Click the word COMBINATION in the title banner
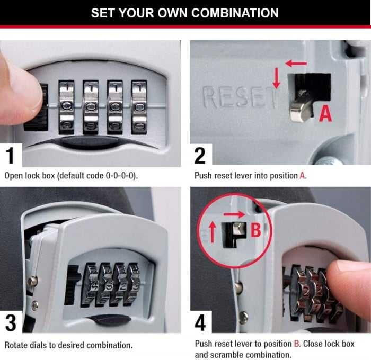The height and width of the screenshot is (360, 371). pos(235,13)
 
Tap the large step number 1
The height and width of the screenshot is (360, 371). pos(11,155)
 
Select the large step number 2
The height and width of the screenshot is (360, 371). pos(200,156)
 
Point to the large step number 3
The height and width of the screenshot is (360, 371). pos(11,322)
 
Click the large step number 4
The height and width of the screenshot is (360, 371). pos(200,322)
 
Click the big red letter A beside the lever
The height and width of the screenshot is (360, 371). pos(325,113)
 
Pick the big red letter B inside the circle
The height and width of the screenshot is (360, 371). pos(255,230)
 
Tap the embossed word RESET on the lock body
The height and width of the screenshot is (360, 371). pos(240,97)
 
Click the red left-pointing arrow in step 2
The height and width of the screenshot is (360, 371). pos(296,64)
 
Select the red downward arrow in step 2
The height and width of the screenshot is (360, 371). pos(276,78)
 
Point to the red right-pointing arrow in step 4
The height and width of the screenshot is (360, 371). pos(234,214)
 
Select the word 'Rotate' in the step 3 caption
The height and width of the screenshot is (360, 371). pos(14,345)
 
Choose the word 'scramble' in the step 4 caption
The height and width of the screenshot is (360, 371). pos(224,355)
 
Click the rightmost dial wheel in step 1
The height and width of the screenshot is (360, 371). pos(139,107)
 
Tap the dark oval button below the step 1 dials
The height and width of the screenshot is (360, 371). pos(90,142)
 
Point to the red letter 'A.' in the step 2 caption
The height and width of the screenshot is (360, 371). pos(303,176)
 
